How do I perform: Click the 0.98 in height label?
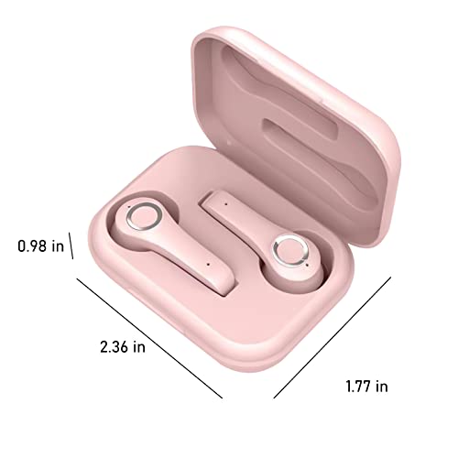(x=41, y=246)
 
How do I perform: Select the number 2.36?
(x=114, y=347)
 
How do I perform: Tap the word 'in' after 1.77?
(x=382, y=387)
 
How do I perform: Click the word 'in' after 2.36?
(x=139, y=347)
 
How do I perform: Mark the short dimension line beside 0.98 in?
(x=71, y=245)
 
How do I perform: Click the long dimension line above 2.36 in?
(x=149, y=338)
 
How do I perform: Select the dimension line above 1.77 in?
(x=333, y=337)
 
